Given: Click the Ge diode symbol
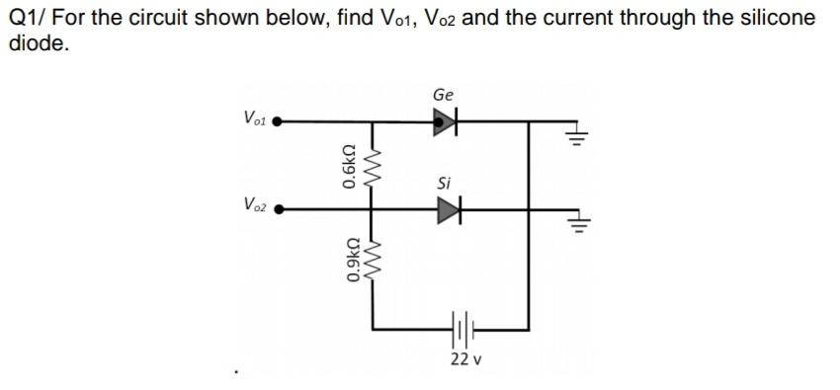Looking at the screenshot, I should [x=447, y=122].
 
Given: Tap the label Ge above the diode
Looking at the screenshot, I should [x=443, y=95].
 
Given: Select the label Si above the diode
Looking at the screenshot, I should [x=445, y=183].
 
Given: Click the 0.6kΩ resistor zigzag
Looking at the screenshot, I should [x=374, y=165].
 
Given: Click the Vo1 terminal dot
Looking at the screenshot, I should [x=279, y=122].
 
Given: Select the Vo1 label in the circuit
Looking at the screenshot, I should [x=254, y=117].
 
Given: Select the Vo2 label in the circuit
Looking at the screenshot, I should [x=254, y=204].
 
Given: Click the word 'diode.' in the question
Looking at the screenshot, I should [x=39, y=43].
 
